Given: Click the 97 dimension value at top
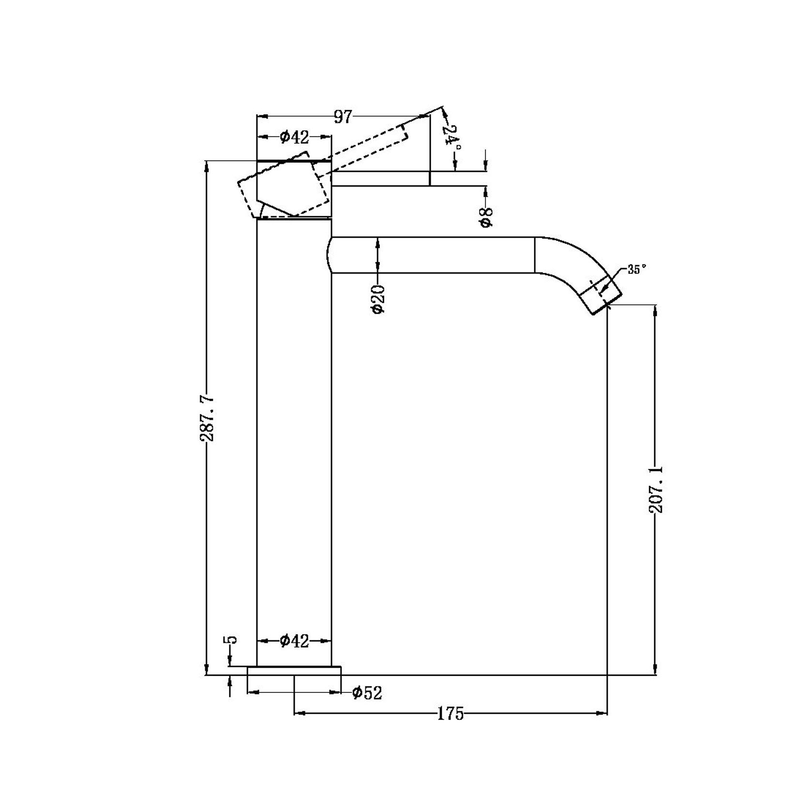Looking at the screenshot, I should coord(343,117).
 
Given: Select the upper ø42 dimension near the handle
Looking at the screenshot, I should coord(294,137).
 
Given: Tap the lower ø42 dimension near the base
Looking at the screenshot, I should coord(294,641).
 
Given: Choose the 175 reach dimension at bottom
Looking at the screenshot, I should coord(451,714).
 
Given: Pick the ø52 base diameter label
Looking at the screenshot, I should coord(367,693).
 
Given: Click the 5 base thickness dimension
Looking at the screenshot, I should coord(232,640).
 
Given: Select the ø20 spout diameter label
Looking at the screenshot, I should coord(378,299).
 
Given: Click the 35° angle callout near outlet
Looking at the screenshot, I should coord(637,270).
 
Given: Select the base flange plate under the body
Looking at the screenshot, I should coord(294,671).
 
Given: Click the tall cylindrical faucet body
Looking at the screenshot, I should coord(294,436).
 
